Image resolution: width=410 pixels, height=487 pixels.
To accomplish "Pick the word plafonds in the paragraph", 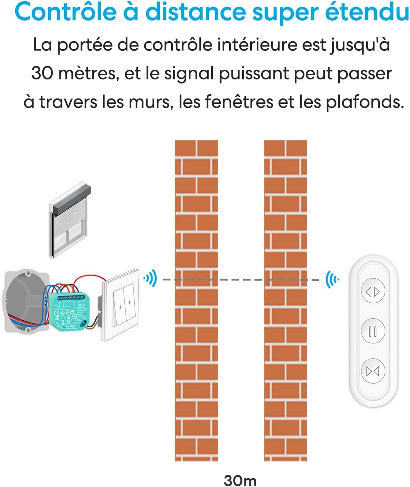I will point(364,102).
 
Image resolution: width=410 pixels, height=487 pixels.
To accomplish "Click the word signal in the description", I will point(189,74).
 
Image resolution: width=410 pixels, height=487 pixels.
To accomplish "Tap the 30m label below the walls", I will point(240,480).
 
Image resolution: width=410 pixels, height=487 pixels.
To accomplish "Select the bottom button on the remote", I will point(373,371).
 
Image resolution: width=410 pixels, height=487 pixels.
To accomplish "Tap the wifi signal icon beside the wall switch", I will point(150,279).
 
